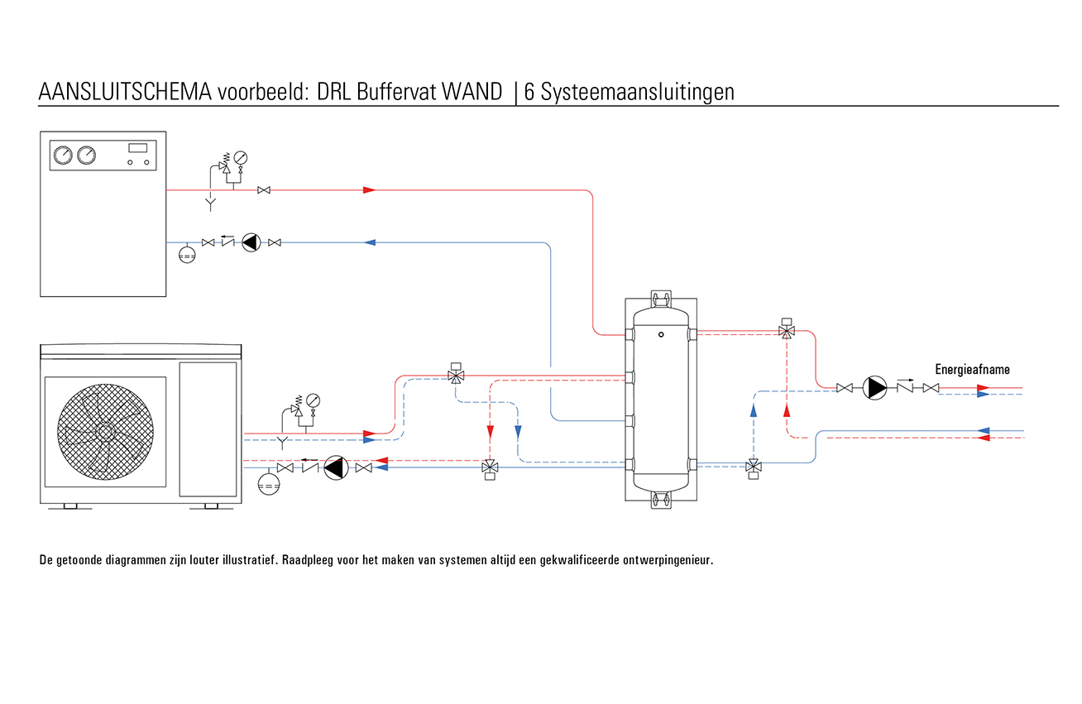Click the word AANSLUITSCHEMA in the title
[125, 92]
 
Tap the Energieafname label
[972, 370]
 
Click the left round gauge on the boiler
[62, 155]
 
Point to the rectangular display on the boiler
[138, 147]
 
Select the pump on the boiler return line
[251, 242]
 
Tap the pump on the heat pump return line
[335, 468]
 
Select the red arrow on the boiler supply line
[369, 190]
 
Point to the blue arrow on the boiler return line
[371, 242]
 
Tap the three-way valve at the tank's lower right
[753, 468]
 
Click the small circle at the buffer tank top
[661, 335]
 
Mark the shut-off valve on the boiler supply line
[264, 190]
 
